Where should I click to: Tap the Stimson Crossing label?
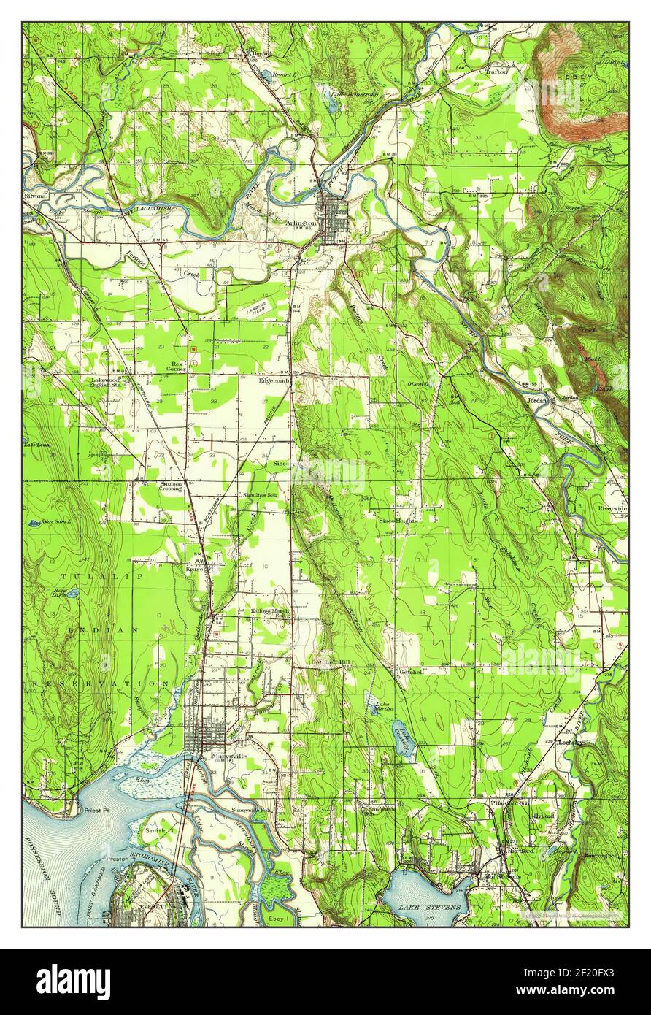171,486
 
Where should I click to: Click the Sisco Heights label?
397,521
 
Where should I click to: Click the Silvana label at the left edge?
34,196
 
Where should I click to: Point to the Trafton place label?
496,72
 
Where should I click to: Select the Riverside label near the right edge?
612,508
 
